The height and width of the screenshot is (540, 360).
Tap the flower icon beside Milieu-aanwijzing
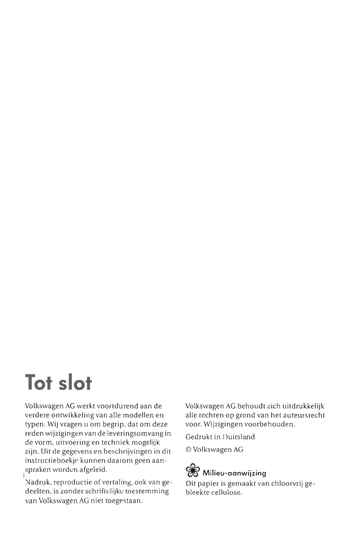pos(192,470)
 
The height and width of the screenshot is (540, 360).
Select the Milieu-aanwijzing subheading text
pos(234,473)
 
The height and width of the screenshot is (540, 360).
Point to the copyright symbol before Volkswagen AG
pos(188,450)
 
